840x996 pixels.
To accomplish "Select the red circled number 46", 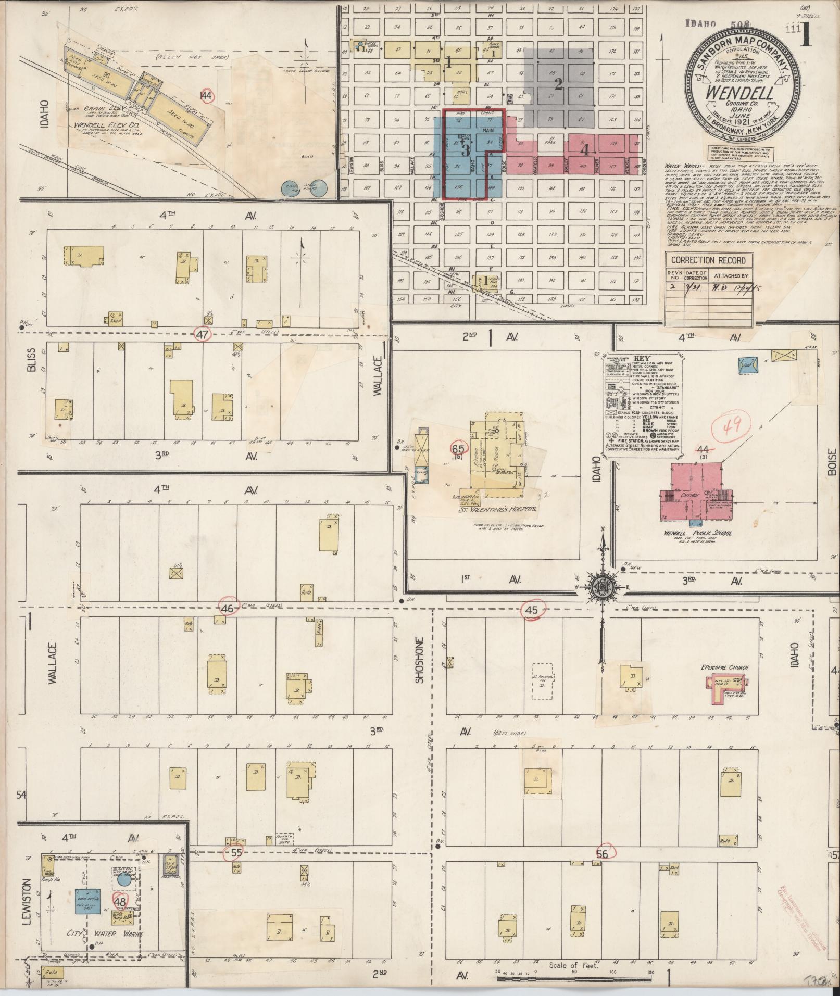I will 228,608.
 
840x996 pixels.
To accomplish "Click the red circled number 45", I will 532,611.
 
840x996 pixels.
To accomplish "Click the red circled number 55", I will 236,853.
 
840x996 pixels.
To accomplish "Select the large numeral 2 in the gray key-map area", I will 558,84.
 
